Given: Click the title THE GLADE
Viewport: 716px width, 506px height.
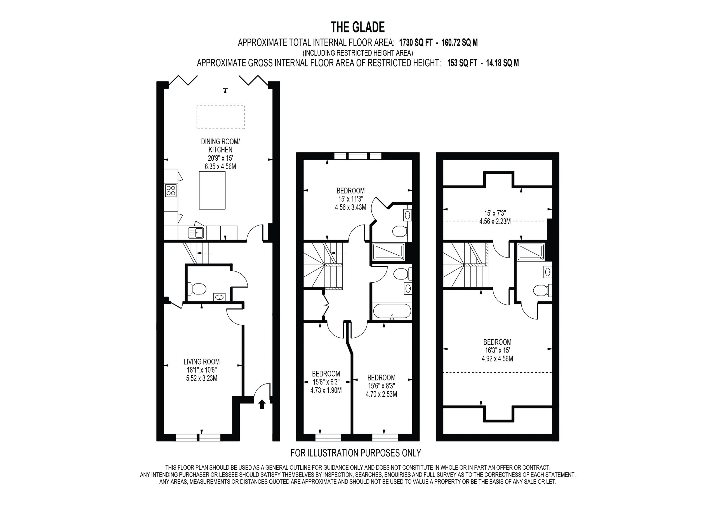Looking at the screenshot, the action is (x=357, y=27).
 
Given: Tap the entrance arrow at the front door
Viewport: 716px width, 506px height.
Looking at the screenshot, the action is (x=262, y=404).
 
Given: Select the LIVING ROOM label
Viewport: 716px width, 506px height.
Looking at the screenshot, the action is (x=201, y=362).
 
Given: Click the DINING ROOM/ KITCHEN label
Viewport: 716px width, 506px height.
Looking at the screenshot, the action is (x=220, y=146).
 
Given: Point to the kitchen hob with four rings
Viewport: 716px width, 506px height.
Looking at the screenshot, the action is (x=171, y=190).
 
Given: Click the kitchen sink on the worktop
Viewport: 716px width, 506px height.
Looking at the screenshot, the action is (x=196, y=233).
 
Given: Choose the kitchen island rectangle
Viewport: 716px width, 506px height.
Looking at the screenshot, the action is (x=212, y=190).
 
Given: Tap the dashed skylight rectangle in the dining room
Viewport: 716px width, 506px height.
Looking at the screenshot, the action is (x=220, y=117).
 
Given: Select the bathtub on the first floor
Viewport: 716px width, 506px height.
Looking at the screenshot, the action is (x=392, y=311).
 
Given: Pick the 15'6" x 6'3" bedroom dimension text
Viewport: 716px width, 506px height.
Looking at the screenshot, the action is (x=326, y=382).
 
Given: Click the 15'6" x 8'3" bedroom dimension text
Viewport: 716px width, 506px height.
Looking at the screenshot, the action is (x=381, y=386).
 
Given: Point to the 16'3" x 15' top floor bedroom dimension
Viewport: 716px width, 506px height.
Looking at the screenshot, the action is (x=497, y=350).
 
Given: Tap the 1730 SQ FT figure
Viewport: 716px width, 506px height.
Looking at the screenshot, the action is (x=416, y=43).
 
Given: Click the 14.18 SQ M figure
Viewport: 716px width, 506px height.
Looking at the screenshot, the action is (x=502, y=63).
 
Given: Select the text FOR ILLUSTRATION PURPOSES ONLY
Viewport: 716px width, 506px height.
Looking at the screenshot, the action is (x=356, y=453).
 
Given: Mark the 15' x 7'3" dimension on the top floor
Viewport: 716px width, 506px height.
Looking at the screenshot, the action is (x=495, y=213).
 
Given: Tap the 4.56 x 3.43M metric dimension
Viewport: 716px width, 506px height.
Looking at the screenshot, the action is (x=350, y=207).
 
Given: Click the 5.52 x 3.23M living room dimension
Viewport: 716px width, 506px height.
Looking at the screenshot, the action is (x=201, y=378).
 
